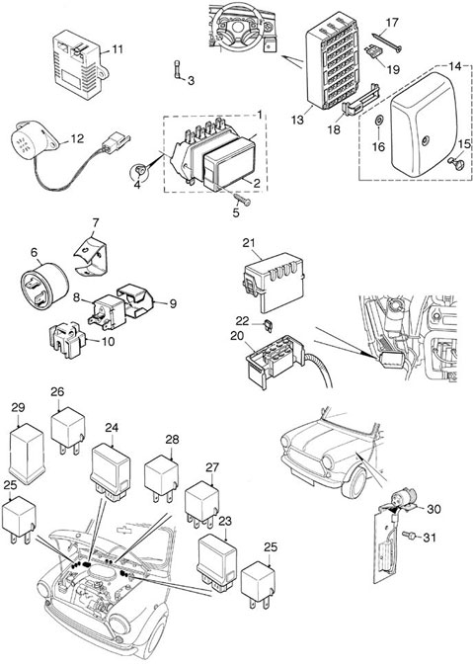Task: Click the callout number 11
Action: point(118,49)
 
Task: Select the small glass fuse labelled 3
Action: point(177,69)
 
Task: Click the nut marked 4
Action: point(138,171)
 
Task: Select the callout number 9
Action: point(173,303)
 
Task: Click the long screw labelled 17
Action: point(386,42)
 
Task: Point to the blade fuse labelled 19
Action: point(374,51)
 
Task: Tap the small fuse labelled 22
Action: point(269,324)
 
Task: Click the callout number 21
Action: point(249,243)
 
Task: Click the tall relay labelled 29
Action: point(28,455)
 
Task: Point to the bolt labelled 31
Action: point(408,536)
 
